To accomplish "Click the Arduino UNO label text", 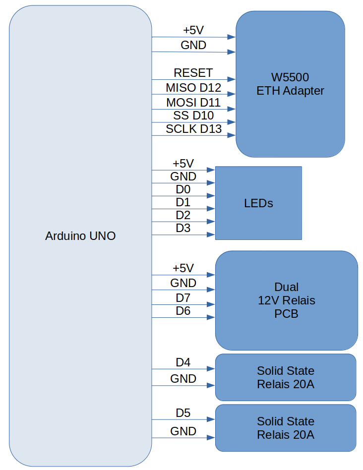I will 80,236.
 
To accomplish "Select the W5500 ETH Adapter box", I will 290,84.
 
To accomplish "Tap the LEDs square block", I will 258,203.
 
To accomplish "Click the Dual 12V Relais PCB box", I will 286,300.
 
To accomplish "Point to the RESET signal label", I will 193,73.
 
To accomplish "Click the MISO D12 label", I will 193,88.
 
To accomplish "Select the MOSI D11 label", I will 193,103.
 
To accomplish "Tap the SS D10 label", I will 193,116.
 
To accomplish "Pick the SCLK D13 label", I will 193,129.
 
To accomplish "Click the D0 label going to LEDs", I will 183,189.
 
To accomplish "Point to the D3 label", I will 183,228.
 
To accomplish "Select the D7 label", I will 183,298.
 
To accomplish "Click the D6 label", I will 183,311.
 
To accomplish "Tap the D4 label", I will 183,362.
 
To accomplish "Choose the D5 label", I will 183,413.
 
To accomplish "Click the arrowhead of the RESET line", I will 232,79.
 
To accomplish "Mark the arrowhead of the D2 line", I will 212,222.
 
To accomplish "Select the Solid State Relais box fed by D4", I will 286,377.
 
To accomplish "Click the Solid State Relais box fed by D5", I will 286,428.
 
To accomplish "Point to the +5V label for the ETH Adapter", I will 193,30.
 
